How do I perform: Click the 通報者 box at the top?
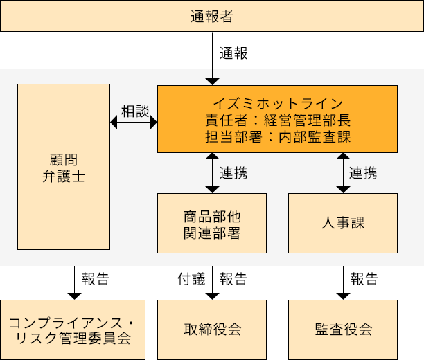(211, 16)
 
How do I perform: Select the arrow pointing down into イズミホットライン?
(212, 76)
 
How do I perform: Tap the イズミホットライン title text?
(277, 103)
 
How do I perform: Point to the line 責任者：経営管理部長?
(277, 120)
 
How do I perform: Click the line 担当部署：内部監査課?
(277, 136)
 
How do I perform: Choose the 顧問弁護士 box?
(64, 167)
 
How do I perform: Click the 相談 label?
(135, 111)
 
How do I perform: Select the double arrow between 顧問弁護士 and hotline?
(134, 123)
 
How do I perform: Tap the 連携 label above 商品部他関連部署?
(233, 172)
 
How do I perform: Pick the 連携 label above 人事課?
(363, 172)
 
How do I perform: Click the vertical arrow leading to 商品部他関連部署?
(212, 172)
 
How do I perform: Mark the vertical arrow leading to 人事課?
(342, 172)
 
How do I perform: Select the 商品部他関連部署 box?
(212, 223)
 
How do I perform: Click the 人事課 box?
(342, 223)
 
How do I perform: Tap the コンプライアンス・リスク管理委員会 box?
(73, 330)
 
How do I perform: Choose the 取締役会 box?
(212, 330)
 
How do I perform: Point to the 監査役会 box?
(342, 330)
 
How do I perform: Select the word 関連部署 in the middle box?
(212, 233)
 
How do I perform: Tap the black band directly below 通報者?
(211, 50)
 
